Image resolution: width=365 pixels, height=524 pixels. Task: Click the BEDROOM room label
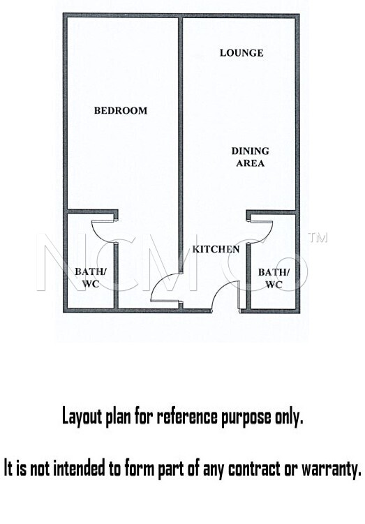coord(121,111)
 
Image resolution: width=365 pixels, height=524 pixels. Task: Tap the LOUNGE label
coord(241,53)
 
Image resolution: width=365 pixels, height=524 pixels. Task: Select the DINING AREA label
coord(251,157)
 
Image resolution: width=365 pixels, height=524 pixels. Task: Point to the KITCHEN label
coord(216,249)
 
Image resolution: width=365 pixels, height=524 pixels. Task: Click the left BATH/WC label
coord(91,278)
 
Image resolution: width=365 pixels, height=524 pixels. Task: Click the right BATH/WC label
coord(274,278)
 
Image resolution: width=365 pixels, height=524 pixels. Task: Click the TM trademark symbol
coord(318,238)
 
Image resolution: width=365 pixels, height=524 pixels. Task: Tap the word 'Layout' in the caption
coord(82,417)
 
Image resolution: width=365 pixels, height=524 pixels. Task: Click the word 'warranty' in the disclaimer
coord(332,470)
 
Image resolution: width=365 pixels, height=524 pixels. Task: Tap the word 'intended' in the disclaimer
coord(79,468)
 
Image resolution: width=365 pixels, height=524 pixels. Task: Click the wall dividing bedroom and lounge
coord(181,144)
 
